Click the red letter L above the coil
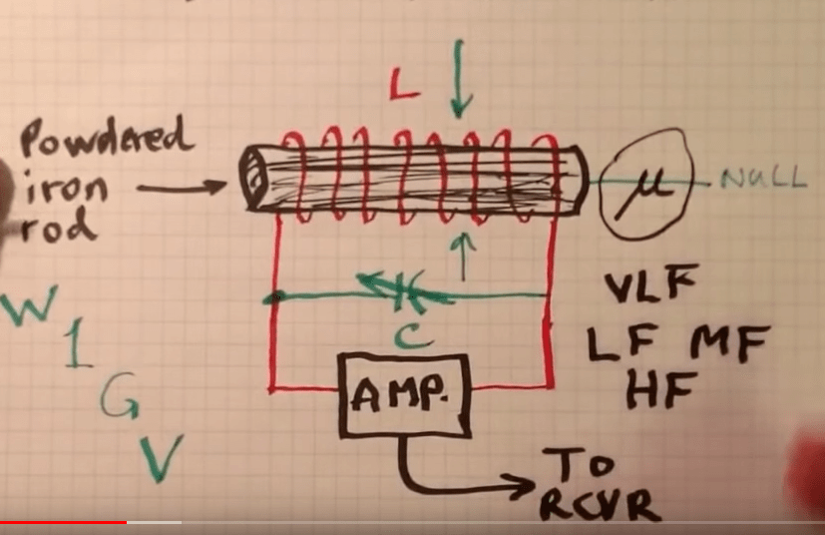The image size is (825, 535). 401,92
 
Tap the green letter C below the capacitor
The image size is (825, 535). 404,337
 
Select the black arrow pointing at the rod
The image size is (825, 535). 180,187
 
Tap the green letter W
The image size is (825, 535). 28,308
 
